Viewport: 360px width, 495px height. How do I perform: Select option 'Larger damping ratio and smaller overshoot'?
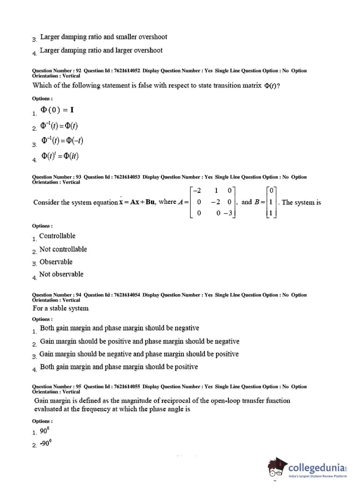[103, 37]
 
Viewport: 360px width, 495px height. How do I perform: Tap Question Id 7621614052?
[112, 71]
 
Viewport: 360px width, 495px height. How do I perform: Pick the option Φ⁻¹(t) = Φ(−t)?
[62, 140]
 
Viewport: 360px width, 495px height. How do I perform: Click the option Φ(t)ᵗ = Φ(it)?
[60, 156]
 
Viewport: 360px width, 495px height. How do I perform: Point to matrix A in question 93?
[212, 202]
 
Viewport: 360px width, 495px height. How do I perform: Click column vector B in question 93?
[271, 202]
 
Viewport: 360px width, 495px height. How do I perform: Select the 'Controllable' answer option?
[57, 236]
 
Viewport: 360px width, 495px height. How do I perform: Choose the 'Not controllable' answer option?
[63, 249]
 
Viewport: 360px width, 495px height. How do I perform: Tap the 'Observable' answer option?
[56, 262]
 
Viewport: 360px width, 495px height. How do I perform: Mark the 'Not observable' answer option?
[61, 274]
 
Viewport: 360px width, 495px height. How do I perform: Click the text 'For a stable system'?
[60, 308]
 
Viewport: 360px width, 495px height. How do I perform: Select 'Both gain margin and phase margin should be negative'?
[119, 328]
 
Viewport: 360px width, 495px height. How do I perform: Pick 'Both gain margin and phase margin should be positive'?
[119, 367]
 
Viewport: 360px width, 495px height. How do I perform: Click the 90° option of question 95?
[44, 431]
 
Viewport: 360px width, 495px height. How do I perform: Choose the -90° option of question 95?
[45, 443]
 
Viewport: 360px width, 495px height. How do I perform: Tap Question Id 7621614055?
[112, 387]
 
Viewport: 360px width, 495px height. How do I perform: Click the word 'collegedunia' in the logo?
[316, 468]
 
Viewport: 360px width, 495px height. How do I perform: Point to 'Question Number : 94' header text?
[57, 295]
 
